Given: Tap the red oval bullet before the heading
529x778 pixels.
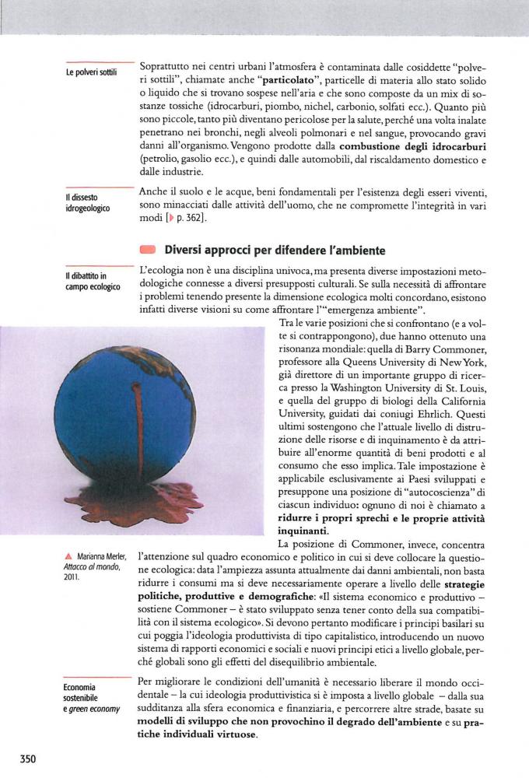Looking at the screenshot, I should pos(148,251).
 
